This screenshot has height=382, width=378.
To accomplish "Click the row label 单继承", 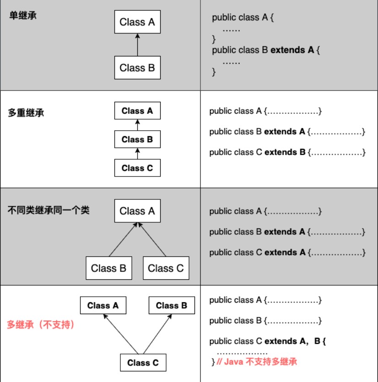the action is click(x=23, y=16).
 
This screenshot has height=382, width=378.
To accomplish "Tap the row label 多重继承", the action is click(x=26, y=113).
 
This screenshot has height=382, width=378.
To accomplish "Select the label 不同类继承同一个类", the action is click(x=49, y=210).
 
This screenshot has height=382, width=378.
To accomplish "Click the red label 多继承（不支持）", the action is click(x=41, y=325).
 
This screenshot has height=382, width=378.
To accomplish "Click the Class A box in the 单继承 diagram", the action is click(x=137, y=22).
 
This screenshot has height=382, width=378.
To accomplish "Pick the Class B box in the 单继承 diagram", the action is click(x=137, y=67).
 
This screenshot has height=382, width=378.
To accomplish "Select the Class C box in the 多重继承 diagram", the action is click(x=137, y=168).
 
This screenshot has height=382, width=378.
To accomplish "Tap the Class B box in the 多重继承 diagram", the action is click(x=137, y=139).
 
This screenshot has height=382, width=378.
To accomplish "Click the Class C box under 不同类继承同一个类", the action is click(x=166, y=268).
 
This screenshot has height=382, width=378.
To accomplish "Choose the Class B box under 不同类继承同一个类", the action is click(x=109, y=268).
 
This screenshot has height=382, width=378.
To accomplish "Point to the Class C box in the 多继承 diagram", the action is click(x=143, y=362).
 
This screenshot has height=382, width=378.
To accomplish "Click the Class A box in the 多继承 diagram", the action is click(x=103, y=305).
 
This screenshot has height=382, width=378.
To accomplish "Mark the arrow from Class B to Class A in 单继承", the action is click(x=137, y=45).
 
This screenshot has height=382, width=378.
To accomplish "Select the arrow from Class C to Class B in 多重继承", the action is click(x=137, y=154).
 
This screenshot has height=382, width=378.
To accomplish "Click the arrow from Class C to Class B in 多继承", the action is click(x=157, y=334).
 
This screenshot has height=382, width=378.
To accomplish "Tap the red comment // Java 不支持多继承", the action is click(x=257, y=361).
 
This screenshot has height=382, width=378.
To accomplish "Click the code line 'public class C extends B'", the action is click(x=287, y=152).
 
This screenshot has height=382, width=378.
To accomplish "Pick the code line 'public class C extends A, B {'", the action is click(x=267, y=341).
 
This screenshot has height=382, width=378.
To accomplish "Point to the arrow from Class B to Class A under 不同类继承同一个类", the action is click(x=123, y=239).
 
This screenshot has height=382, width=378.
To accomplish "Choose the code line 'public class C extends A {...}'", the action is click(x=287, y=252).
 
